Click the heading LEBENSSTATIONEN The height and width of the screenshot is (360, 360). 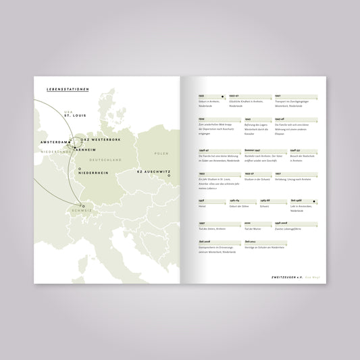pos(59,88)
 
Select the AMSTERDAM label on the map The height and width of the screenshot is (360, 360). pos(55,143)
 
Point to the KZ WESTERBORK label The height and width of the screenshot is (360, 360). pos(102,139)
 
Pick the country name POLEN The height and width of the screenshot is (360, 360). pos(161,154)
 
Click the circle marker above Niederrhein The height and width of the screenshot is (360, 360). pos(79,168)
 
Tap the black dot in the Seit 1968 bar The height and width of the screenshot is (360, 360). pos(314,201)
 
